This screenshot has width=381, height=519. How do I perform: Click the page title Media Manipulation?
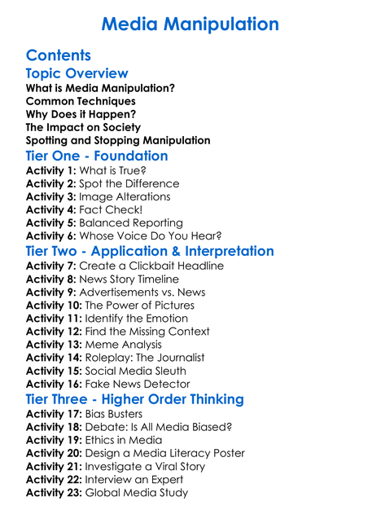190,24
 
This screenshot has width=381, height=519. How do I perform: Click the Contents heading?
59,55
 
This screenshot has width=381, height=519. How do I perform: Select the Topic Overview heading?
77,74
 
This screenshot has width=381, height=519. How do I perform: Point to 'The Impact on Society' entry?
83,127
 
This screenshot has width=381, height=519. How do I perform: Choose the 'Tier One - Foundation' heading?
97,156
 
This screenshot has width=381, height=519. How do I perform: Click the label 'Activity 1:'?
50,171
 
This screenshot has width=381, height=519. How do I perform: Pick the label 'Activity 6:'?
50,236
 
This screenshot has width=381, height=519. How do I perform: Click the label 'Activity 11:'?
54,319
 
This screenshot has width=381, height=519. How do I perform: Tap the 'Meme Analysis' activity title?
124,345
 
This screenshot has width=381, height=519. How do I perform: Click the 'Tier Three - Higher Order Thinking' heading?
135,399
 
